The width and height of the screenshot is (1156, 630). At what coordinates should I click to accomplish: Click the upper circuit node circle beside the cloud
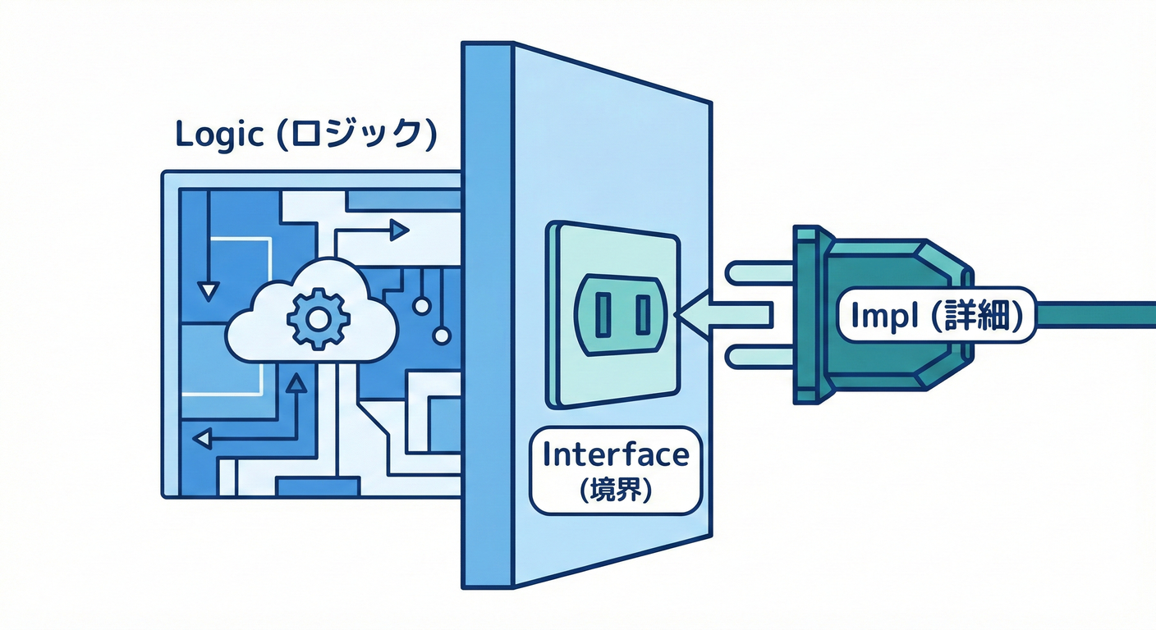(x=422, y=306)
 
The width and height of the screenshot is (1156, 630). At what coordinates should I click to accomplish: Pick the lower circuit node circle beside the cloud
(x=442, y=335)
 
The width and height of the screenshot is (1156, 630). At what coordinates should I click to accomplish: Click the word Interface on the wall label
(x=616, y=453)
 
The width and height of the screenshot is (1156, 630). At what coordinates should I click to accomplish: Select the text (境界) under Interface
(x=616, y=491)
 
